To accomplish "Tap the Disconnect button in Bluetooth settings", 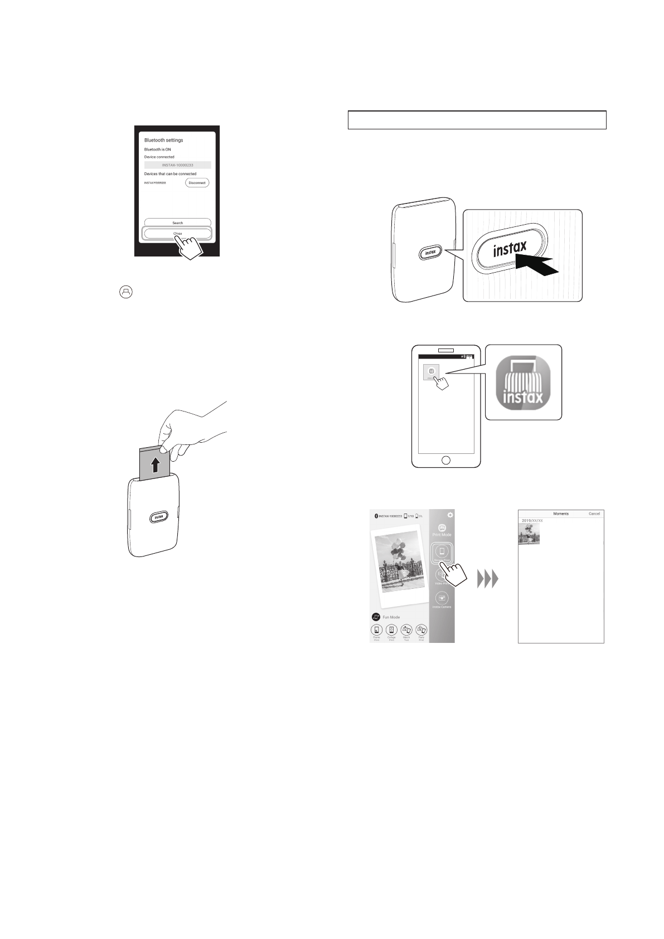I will tap(197, 183).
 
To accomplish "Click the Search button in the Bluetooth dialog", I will tap(177, 222).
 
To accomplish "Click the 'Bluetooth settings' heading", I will tap(164, 140).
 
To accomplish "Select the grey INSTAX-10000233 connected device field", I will tap(177, 165).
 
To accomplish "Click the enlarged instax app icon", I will tap(522, 382).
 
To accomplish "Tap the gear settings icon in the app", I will tap(450, 515).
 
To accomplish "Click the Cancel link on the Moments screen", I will tap(594, 514).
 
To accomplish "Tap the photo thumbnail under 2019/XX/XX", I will tap(529, 534).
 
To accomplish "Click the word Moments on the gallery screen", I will tap(560, 514).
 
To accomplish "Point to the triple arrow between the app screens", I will tap(487, 580).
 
